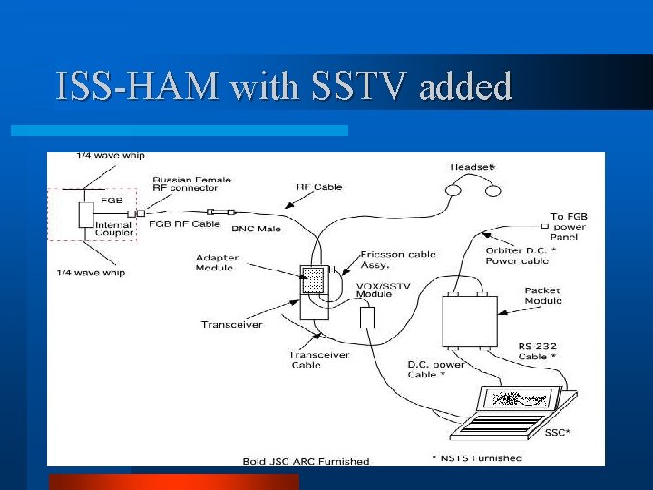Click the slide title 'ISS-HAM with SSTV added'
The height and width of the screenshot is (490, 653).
(x=283, y=86)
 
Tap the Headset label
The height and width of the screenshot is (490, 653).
(x=473, y=167)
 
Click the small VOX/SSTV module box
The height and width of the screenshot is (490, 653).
(x=367, y=318)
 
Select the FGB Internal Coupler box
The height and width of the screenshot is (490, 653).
(x=86, y=215)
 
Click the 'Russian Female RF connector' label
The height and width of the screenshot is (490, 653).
(x=185, y=184)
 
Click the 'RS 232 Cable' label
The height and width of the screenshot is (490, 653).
(x=539, y=351)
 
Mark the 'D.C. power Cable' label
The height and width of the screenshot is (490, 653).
(x=435, y=369)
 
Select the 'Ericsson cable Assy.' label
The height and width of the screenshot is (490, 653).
(x=397, y=260)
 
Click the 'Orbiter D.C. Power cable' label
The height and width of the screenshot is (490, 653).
(x=521, y=255)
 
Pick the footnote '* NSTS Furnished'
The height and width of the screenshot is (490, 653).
(x=477, y=458)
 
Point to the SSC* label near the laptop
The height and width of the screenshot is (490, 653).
(x=558, y=432)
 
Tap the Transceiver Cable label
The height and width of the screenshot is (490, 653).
(x=319, y=359)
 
